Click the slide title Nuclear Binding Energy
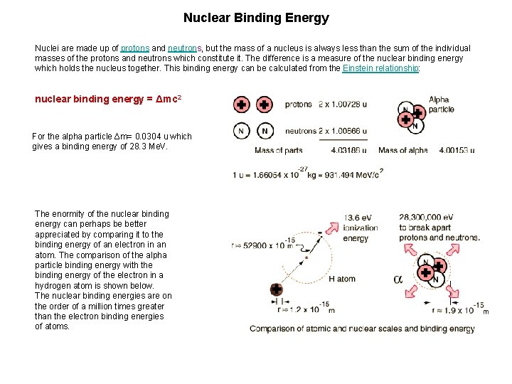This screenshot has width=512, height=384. coord(256,18)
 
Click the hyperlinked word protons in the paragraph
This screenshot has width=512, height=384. coord(134,48)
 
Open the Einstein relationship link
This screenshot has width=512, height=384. coord(380,68)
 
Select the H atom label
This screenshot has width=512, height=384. coord(341,279)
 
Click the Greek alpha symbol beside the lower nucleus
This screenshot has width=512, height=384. coord(398,279)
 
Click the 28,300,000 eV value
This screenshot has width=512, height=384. coord(426,217)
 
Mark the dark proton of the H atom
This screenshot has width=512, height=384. coord(276,289)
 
